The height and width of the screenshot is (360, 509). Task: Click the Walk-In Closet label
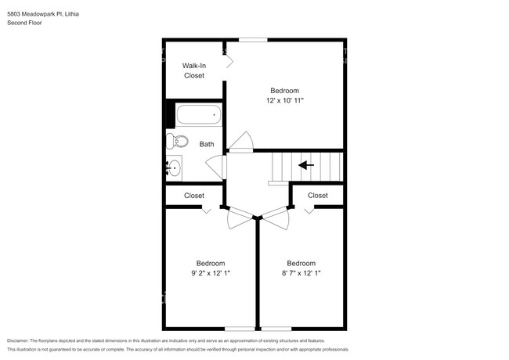[193, 70]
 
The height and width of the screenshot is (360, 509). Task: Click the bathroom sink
[174, 167]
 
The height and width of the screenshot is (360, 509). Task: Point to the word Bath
[207, 144]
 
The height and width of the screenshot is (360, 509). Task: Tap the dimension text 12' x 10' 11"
[284, 101]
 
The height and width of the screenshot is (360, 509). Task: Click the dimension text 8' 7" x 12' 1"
[301, 273]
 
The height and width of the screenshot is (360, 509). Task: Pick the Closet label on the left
[194, 196]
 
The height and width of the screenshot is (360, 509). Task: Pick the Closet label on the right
[318, 196]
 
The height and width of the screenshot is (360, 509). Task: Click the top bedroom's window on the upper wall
[252, 40]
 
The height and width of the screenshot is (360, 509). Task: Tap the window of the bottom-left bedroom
[240, 327]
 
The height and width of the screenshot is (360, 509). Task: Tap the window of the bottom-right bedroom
[275, 327]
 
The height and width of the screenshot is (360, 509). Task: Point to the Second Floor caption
[24, 23]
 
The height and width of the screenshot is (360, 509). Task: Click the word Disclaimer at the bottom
[20, 341]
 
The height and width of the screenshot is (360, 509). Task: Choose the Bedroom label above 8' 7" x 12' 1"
[301, 263]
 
